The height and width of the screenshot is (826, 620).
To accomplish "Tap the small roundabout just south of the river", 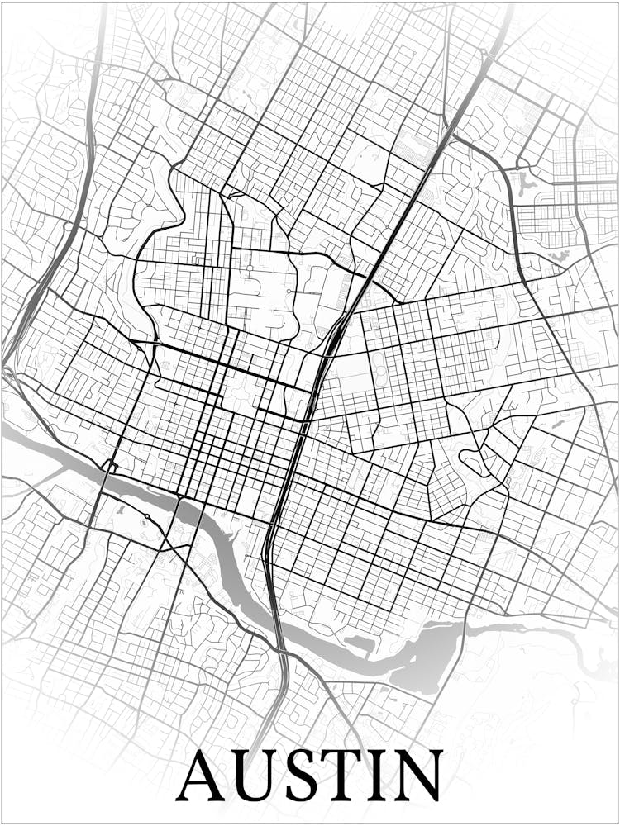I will [146, 517].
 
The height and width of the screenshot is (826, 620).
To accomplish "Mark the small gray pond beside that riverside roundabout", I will [122, 510].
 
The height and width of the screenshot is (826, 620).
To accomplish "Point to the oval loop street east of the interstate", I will [473, 463].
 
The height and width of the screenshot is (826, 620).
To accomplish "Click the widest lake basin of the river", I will [426, 657].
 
